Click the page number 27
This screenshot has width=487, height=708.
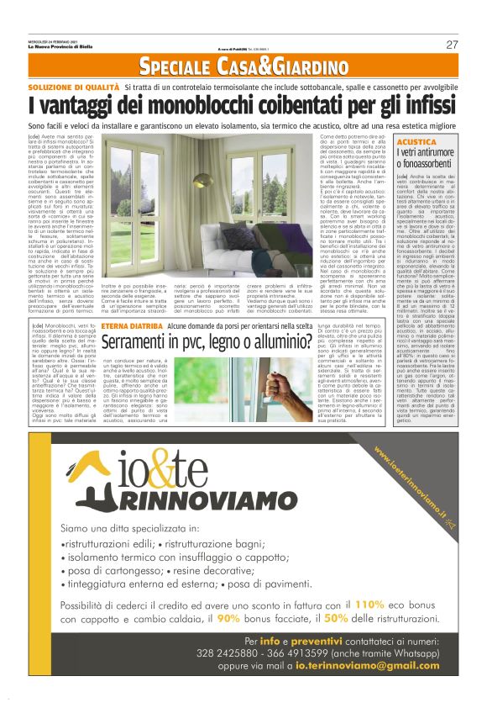[x=452, y=45]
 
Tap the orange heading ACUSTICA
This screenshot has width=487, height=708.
[x=416, y=143]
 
